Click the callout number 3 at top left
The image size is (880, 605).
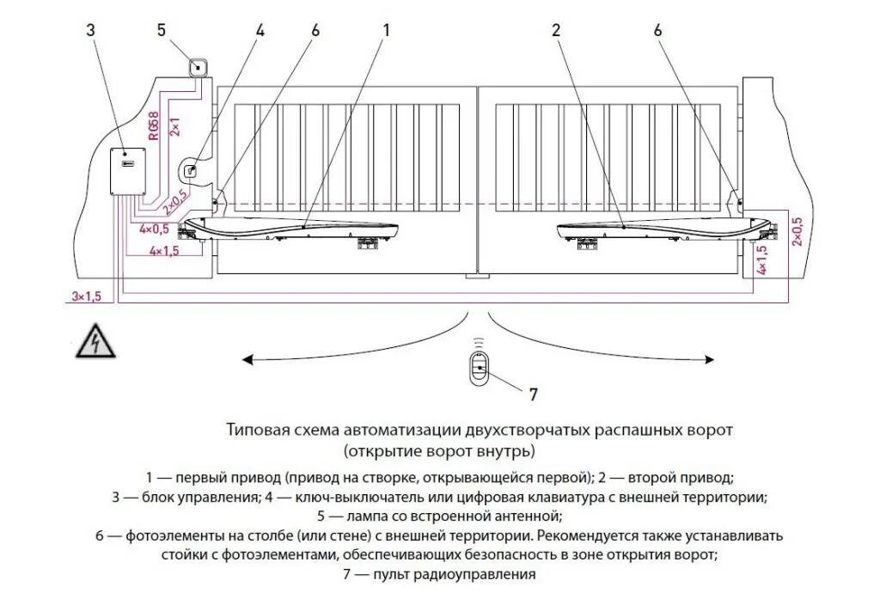pos(91,30)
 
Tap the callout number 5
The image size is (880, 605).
pos(162,30)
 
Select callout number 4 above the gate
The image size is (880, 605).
pos(260,30)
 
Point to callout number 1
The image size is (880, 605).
pos(386,30)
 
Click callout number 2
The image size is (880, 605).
pos(556,30)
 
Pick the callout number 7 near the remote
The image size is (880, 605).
pos(533,394)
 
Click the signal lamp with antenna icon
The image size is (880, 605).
pos(199,66)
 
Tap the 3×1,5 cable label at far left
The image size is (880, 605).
pos(86,296)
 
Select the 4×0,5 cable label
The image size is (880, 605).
pos(155,229)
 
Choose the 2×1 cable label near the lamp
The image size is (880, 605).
pos(174,125)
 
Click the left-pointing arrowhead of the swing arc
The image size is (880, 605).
pos(246,359)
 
